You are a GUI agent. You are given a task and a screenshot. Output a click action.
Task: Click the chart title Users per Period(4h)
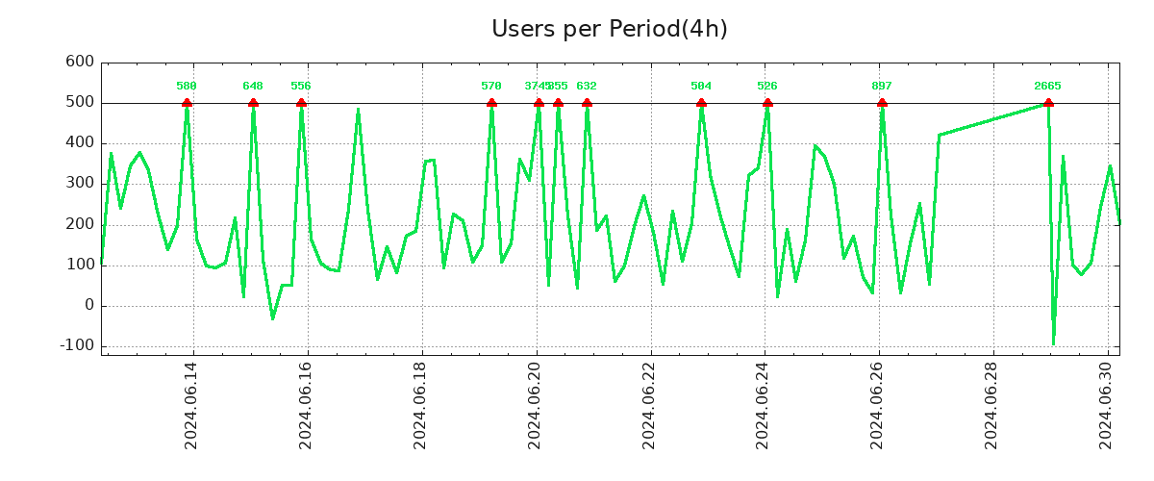point(609,30)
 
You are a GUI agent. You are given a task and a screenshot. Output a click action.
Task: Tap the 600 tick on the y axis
point(79,63)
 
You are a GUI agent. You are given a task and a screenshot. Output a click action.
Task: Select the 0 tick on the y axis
point(88,306)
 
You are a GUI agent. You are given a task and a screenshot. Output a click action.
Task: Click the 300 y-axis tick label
point(79,184)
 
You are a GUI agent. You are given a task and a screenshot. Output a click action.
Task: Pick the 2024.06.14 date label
point(191,405)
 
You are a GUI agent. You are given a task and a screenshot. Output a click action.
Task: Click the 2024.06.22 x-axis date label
point(649,405)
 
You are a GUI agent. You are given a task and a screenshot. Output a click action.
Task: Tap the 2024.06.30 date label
point(1107,405)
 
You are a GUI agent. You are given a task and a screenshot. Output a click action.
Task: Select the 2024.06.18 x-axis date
point(420,405)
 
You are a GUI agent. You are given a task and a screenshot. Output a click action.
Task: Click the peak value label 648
point(253,87)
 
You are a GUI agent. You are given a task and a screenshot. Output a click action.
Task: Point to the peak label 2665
point(1047,87)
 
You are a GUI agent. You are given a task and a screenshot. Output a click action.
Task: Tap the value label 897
point(882,87)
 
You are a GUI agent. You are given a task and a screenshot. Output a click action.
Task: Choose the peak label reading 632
point(587,87)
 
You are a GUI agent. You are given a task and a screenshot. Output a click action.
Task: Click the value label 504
point(701,87)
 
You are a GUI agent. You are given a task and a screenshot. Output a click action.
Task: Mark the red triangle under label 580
point(187,102)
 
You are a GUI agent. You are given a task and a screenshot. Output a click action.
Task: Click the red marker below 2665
point(1048,102)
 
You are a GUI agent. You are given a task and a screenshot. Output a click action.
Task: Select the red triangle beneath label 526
point(767,102)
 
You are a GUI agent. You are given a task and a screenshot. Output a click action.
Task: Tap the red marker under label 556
point(301,102)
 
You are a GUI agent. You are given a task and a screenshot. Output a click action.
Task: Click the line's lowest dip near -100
point(1053,343)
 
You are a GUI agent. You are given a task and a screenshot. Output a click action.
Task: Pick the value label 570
point(491,87)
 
